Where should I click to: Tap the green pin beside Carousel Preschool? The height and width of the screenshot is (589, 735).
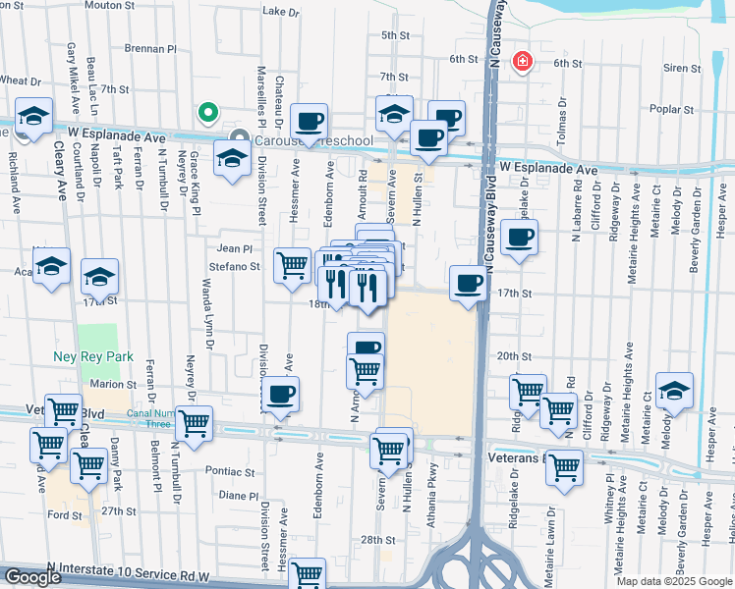207,113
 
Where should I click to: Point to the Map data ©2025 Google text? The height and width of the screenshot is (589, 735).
674,581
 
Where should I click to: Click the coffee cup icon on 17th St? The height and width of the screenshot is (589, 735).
467,285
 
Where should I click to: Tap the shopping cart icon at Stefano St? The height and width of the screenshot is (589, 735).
292,265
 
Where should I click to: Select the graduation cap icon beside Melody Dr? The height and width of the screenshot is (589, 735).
674,391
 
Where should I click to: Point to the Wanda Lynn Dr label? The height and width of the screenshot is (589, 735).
206,314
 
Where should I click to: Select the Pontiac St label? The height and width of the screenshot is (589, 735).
230,471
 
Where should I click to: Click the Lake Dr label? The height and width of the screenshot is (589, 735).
281,12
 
